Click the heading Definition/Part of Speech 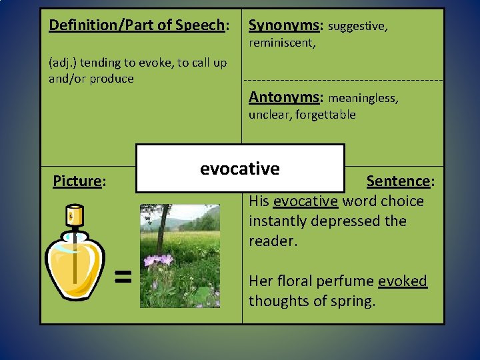coord(137,25)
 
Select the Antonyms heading coord(285,97)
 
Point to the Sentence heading coord(400,181)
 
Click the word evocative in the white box coord(239,169)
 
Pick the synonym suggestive coord(358,27)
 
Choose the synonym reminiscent coord(281,43)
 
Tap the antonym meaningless coord(363,99)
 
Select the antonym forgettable coord(325,115)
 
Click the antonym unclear coord(268,115)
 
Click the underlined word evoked coord(402,281)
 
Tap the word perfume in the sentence coord(347,281)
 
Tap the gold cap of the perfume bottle coord(73,215)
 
